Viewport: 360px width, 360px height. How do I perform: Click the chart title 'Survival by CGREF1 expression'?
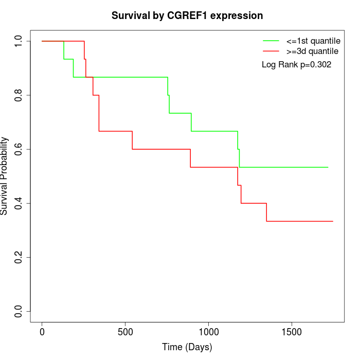coord(187,15)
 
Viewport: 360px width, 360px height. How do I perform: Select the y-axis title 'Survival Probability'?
coord(5,176)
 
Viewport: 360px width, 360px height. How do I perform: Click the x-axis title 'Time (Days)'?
coord(187,347)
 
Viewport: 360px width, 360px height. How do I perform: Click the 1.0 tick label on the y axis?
coord(19,41)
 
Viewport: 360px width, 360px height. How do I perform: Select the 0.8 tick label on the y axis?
coord(19,95)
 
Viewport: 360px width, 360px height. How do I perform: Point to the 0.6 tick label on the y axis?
coord(19,149)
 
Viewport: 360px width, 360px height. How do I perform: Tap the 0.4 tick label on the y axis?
coord(19,203)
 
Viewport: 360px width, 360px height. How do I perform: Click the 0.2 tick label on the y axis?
coord(19,257)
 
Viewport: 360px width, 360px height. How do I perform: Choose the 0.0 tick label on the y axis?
coord(19,311)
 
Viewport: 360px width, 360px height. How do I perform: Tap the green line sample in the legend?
coord(271,41)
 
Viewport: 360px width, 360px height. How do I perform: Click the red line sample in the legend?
coord(271,51)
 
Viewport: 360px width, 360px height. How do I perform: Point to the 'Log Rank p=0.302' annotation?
coord(296,65)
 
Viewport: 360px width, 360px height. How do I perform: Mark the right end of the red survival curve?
coord(333,221)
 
